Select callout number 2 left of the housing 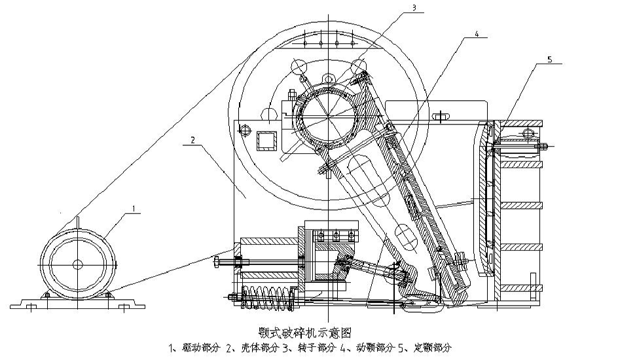(x=193, y=140)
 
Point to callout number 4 (x=476, y=33)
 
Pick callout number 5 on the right (x=549, y=60)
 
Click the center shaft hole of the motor (x=77, y=264)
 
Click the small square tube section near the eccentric (x=267, y=141)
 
